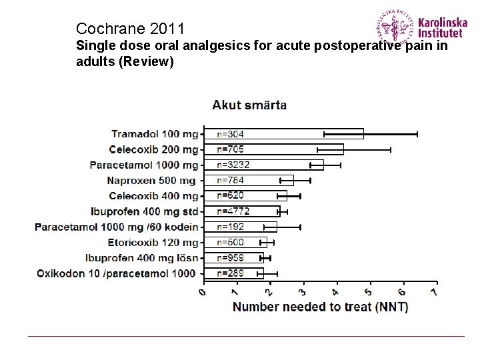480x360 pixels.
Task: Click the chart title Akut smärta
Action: [x=250, y=105]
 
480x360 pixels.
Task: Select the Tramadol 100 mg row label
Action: [x=155, y=134]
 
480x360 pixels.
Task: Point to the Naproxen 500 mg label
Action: [x=152, y=180]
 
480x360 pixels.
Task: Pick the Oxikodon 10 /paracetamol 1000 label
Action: [x=117, y=273]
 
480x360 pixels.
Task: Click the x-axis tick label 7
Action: [x=435, y=293]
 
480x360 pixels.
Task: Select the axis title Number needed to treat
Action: [x=320, y=307]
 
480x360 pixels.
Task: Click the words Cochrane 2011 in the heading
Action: [x=130, y=29]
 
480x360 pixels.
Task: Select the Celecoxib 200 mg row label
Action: [x=154, y=149]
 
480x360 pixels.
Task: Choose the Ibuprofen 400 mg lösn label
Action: [x=141, y=257]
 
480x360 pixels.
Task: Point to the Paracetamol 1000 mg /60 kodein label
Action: [x=117, y=227]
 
